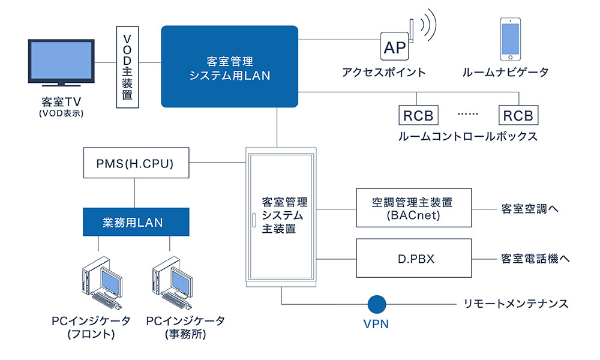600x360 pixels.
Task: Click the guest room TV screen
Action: click(61, 61)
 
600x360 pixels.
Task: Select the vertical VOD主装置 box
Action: click(127, 67)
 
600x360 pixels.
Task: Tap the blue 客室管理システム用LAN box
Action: click(230, 67)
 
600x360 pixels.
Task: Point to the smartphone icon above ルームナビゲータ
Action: click(510, 39)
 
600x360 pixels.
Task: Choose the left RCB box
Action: click(418, 115)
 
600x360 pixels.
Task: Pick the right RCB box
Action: click(518, 115)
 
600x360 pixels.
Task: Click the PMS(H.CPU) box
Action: click(136, 163)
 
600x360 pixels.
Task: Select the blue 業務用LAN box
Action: click(136, 222)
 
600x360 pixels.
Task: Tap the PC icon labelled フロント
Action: click(102, 283)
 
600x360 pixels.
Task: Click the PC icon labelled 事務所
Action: click(172, 283)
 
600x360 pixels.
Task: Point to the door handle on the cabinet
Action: click(254, 220)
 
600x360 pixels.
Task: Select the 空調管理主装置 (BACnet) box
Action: click(413, 208)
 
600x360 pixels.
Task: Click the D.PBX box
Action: click(413, 258)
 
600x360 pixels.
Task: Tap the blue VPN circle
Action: click(377, 304)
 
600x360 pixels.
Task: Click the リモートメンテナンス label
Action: click(516, 304)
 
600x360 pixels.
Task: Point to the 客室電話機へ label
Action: click(535, 259)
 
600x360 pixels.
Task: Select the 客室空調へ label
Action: click(530, 209)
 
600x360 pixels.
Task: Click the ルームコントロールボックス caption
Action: click(468, 137)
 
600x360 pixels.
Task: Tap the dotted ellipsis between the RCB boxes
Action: click(467, 114)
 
